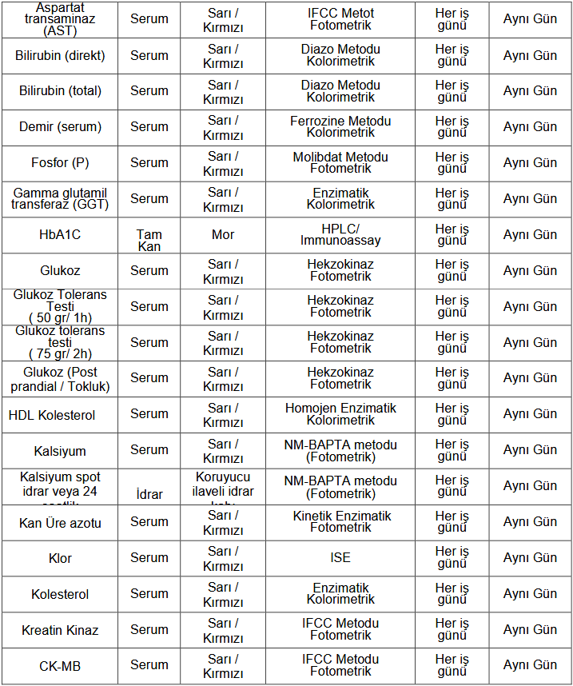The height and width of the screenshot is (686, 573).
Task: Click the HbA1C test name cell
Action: (60, 235)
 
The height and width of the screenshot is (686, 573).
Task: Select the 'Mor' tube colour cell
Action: (223, 235)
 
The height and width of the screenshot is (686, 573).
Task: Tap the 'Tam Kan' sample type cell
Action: (149, 240)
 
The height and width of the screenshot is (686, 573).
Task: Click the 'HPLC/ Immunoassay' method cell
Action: (340, 234)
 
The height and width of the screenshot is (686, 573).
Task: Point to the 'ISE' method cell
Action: (340, 557)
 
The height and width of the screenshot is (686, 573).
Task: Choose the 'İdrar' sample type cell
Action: (149, 494)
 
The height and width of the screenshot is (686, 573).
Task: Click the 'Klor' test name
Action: (60, 558)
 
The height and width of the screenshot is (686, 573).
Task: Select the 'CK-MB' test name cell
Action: (60, 665)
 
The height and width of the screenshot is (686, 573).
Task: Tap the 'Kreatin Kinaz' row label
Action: (60, 630)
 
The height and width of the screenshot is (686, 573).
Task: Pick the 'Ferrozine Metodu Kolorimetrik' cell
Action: (340, 126)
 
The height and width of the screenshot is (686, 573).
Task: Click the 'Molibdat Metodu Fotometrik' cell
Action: (340, 162)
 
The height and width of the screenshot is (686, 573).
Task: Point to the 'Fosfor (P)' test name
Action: (60, 163)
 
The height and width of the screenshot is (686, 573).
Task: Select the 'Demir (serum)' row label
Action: (60, 127)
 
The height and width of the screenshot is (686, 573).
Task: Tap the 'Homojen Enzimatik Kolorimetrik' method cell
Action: (340, 413)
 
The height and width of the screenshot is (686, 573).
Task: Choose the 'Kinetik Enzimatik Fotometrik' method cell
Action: (340, 521)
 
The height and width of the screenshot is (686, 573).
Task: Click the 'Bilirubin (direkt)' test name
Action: (60, 56)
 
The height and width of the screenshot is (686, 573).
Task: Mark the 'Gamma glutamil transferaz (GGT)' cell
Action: (60, 198)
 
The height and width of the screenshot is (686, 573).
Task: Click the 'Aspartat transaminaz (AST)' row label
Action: (60, 19)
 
